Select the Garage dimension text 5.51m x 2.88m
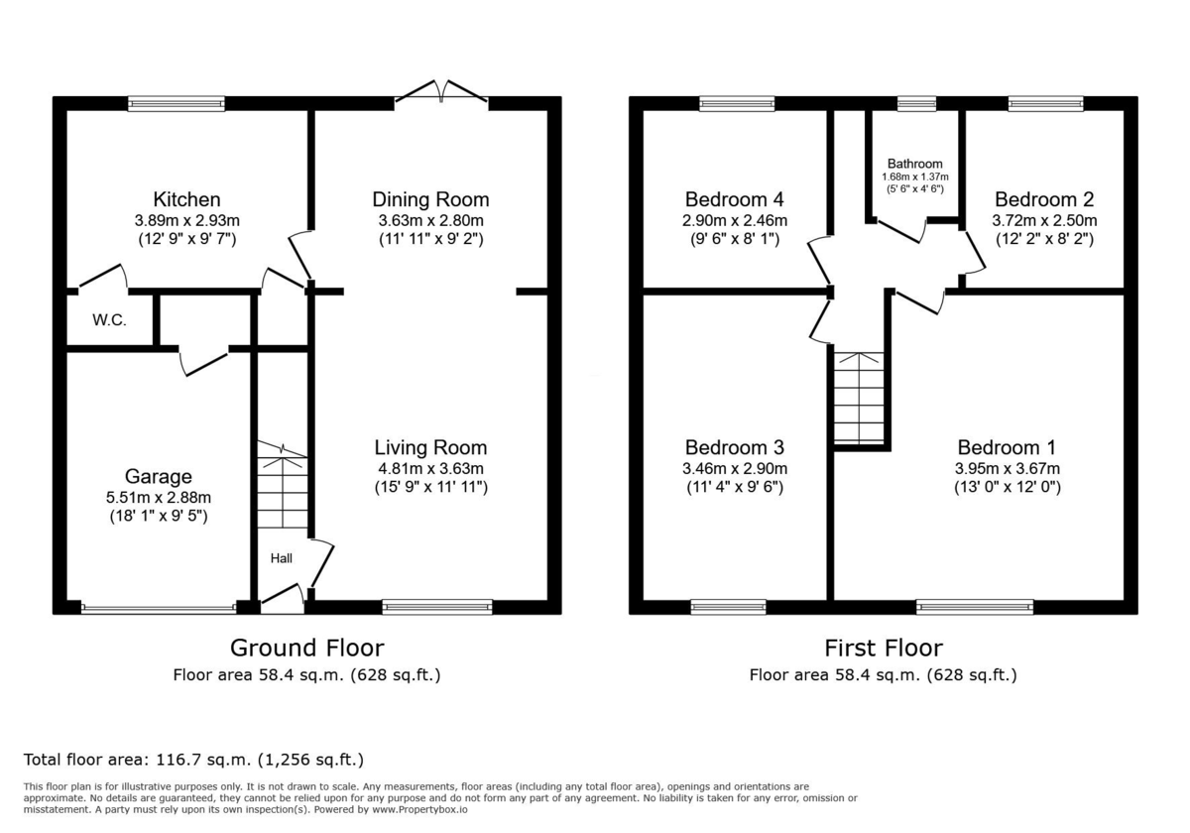159,498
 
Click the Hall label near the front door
282,558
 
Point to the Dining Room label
430,199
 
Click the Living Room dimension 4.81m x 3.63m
430,468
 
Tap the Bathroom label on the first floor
914,164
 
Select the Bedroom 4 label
735,199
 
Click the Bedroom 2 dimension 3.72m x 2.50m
1044,220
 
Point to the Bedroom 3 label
735,447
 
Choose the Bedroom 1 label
1007,447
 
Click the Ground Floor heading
306,649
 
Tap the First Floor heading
884,649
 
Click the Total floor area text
193,761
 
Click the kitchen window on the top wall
177,103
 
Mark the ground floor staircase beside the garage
283,491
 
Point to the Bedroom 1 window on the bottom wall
975,606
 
